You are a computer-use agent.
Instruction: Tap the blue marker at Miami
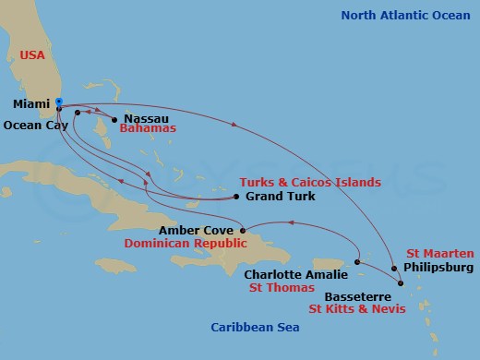pos(59,102)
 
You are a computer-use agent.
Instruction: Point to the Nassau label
pos(146,119)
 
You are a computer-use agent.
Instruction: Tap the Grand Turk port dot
pos(236,197)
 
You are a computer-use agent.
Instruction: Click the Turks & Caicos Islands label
pos(309,183)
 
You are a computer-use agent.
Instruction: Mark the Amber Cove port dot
pos(242,231)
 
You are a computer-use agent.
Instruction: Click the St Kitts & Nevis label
pos(361,308)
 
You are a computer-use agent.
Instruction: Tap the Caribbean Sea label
pos(250,327)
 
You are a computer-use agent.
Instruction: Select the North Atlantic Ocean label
pos(406,15)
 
